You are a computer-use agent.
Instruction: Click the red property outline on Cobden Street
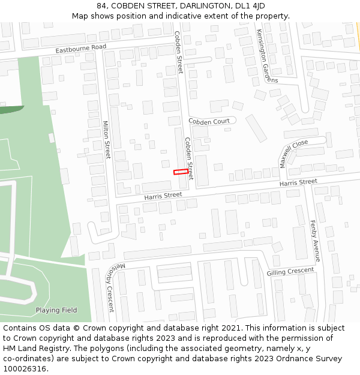[180, 172]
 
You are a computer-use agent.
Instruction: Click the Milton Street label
[106, 140]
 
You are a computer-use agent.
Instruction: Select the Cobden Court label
[209, 121]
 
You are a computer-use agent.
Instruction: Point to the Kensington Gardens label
[267, 56]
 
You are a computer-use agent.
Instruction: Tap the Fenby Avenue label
[314, 241]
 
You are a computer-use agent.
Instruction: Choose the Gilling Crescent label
[290, 272]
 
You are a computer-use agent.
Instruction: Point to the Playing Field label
[56, 310]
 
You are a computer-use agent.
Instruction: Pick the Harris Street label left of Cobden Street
[163, 196]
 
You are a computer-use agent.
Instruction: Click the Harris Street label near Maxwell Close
[298, 182]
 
